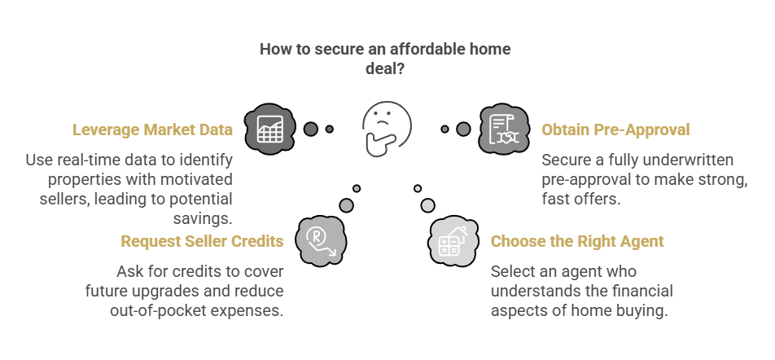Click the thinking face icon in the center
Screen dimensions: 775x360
click(x=386, y=129)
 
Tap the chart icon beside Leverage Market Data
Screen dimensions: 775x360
click(x=270, y=129)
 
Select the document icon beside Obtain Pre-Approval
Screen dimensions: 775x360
click(x=504, y=129)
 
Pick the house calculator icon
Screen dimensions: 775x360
click(x=453, y=241)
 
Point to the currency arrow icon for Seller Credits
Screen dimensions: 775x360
click(x=321, y=241)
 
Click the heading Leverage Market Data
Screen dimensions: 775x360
click(x=152, y=130)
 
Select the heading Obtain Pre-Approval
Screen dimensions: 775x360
click(x=615, y=130)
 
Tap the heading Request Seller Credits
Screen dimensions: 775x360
click(x=202, y=241)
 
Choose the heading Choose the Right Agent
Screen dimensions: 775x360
click(x=577, y=241)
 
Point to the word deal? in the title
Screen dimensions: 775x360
click(x=386, y=68)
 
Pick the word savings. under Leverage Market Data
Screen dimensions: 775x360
click(x=203, y=218)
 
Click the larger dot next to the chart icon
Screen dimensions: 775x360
click(x=310, y=129)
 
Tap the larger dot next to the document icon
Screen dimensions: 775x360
click(x=464, y=129)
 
